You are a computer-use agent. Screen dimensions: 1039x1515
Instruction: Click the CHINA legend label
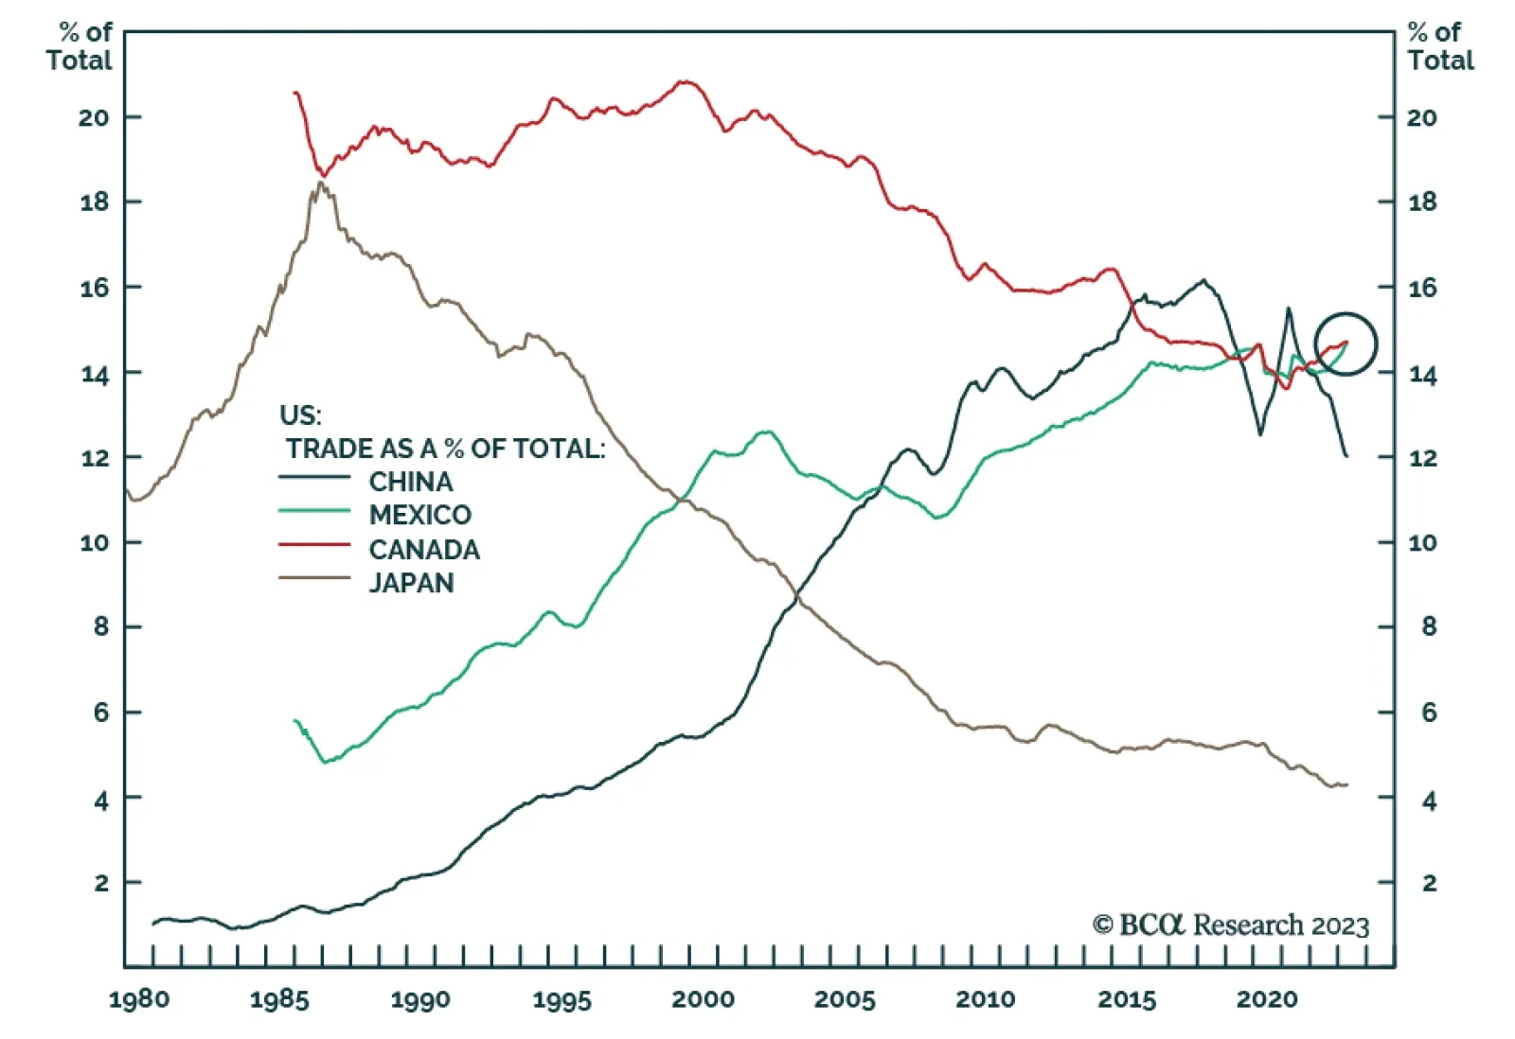tap(410, 482)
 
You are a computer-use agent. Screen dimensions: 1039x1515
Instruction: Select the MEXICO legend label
tap(419, 515)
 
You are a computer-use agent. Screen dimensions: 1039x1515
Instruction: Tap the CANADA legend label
tap(423, 549)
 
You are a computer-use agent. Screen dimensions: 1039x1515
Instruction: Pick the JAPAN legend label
tap(411, 582)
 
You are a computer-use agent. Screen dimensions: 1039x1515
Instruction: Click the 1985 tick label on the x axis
tap(279, 999)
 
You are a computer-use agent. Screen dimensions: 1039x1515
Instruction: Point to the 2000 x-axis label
tap(703, 999)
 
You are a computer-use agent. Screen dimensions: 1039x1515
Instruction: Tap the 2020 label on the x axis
tap(1267, 999)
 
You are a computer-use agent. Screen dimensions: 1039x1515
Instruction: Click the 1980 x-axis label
tap(139, 999)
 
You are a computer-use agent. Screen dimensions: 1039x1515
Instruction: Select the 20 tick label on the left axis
tap(94, 117)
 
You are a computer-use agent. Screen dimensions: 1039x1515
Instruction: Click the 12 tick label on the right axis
tap(1422, 458)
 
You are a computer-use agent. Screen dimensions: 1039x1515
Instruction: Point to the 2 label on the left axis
tap(101, 883)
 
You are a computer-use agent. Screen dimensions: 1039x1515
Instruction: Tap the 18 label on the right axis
tap(1422, 202)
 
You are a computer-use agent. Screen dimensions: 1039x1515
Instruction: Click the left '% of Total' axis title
tap(80, 46)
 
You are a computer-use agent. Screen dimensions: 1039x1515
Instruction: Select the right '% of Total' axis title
tap(1440, 46)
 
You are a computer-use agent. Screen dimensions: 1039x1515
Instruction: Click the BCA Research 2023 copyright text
tap(1231, 925)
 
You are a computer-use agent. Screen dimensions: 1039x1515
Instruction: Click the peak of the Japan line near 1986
tap(320, 183)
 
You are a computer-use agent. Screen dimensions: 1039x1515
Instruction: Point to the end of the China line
tap(1346, 456)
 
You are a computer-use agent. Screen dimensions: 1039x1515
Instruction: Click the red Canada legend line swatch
tap(314, 545)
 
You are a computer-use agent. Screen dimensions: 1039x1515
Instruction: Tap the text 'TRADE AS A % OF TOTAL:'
tap(445, 449)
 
